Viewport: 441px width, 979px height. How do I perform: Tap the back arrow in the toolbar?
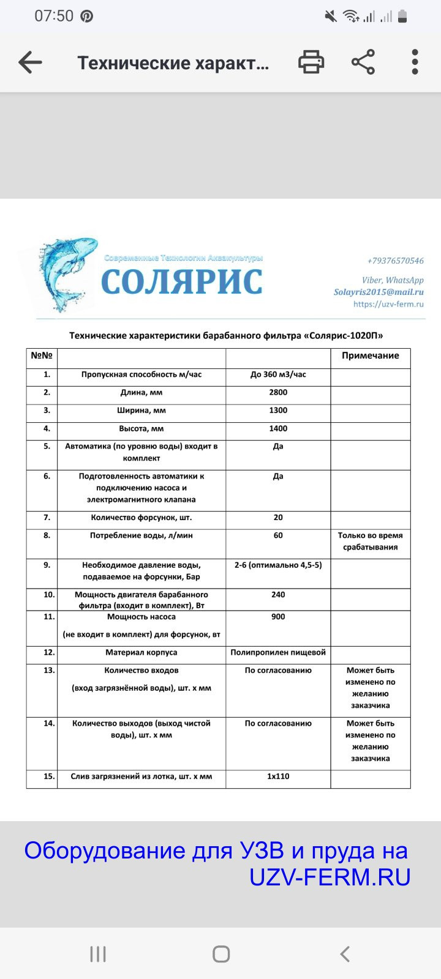30,62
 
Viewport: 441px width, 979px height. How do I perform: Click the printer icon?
311,62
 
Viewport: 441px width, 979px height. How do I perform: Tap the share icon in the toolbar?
363,62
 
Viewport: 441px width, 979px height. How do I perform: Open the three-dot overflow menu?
415,62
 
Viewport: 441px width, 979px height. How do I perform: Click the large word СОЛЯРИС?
182,282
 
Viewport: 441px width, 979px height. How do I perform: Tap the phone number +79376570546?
395,261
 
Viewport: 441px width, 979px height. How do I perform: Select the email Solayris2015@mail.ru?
379,292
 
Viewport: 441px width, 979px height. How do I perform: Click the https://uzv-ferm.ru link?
388,304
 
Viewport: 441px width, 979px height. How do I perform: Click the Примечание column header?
370,355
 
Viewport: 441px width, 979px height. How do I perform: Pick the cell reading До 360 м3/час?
278,374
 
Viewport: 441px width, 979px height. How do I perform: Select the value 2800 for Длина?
278,393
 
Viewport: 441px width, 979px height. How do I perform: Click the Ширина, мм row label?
141,411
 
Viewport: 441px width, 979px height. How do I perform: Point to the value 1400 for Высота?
278,429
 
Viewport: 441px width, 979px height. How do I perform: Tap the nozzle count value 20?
278,518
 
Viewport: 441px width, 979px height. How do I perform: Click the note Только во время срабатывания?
370,542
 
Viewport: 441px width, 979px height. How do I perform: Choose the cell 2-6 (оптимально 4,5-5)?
278,565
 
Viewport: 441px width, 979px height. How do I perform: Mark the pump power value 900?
278,617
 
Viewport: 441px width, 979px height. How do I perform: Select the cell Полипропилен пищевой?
278,652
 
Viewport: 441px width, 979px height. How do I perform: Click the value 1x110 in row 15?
278,776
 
